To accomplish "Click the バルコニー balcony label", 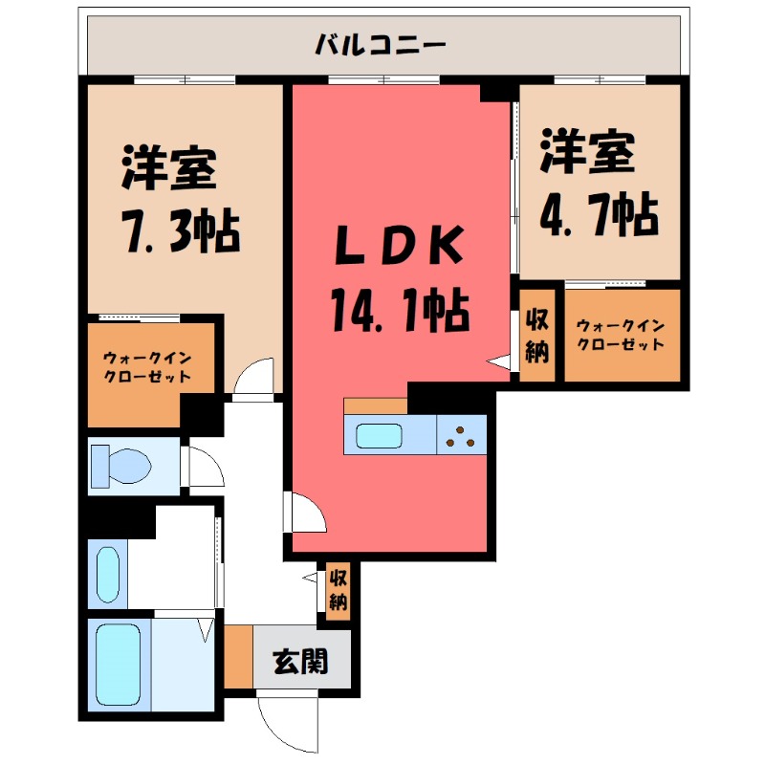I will [382, 44].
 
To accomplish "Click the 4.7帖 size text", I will [599, 215].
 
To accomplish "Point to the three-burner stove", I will [463, 434].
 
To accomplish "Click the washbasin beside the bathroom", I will [107, 574].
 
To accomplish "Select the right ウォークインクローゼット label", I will [620, 336].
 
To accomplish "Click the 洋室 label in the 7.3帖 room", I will [168, 168].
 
